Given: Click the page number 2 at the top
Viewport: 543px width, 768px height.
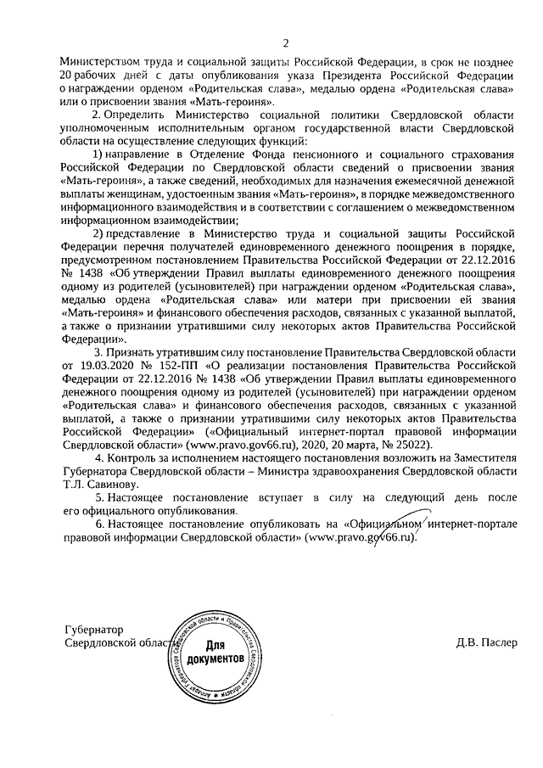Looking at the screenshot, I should tap(286, 43).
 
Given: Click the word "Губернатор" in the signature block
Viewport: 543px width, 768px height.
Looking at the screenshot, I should tap(94, 631).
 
